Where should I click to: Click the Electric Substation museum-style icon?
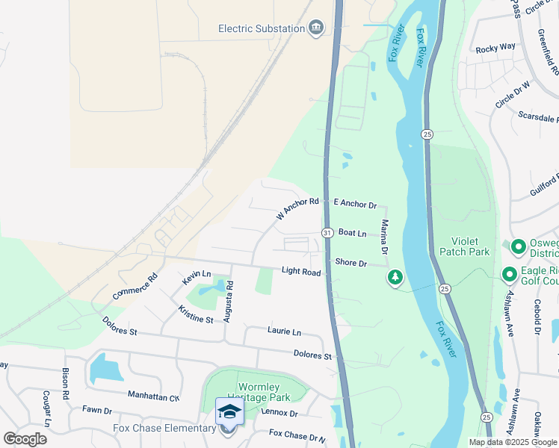(316, 28)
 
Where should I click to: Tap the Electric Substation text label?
(261, 28)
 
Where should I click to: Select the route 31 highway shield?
(327, 234)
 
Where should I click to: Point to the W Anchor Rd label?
(297, 208)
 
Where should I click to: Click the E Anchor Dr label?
(355, 203)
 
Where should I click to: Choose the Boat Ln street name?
(352, 234)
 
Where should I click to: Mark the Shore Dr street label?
(350, 263)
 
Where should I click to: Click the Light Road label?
(301, 273)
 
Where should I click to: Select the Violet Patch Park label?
(470, 246)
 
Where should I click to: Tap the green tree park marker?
(395, 278)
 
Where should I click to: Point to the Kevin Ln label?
(197, 278)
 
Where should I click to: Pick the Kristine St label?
(196, 314)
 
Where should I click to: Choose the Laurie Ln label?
(284, 331)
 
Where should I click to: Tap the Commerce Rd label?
(135, 287)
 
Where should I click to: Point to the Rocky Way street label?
(495, 47)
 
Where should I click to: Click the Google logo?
(25, 439)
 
